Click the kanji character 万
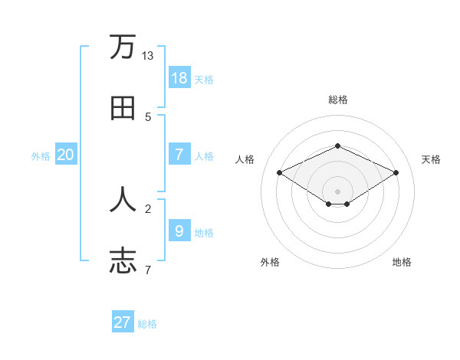tap(123, 47)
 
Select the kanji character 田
tap(123, 109)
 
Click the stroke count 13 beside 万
tap(147, 56)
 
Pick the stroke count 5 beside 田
tap(148, 117)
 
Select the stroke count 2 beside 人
tap(148, 208)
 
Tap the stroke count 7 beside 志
tap(148, 269)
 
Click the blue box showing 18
tap(179, 78)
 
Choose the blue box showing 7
tap(179, 154)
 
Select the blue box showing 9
tap(179, 231)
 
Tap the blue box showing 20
tap(66, 155)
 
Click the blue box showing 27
tap(123, 322)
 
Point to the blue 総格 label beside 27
tap(147, 324)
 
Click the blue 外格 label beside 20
tap(41, 156)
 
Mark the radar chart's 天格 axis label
tap(432, 159)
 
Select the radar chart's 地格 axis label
tap(402, 262)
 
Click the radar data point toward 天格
tap(396, 172)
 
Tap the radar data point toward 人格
tap(280, 172)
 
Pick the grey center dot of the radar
tap(337, 191)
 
